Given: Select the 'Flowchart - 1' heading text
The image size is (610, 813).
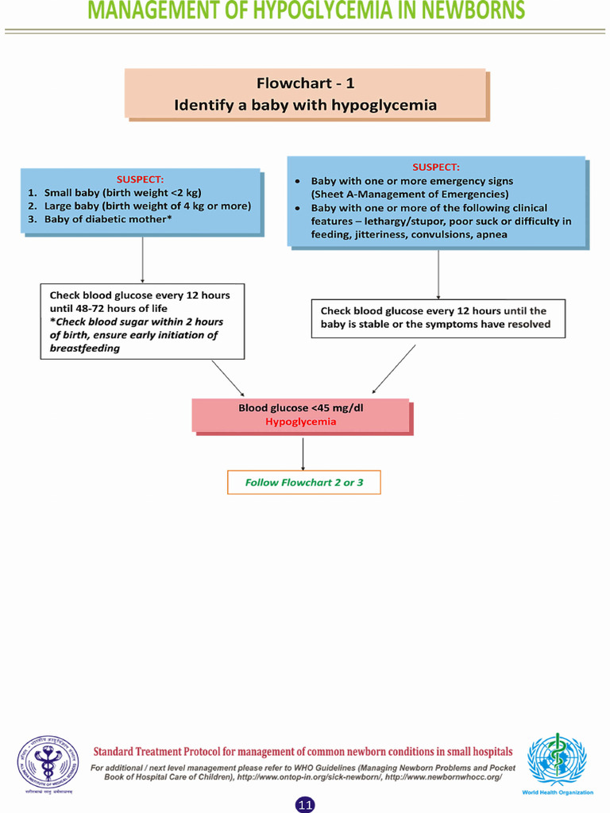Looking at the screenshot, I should [305, 83].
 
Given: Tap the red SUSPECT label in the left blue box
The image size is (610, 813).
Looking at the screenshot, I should [141, 179].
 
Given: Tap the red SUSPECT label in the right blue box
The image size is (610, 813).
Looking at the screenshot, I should [436, 167].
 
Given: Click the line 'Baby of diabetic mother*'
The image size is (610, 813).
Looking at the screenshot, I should [108, 219].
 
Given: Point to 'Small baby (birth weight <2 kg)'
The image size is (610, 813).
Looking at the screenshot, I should [117, 193].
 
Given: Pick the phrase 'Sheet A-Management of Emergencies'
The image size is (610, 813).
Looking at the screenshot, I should [410, 195].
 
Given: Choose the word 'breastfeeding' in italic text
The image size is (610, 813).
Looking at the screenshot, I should [85, 349].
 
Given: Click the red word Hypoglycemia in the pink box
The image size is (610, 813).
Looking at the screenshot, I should [300, 422].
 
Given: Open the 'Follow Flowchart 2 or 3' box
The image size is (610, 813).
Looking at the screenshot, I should [304, 482].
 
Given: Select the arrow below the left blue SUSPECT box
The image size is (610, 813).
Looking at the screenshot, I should [142, 259].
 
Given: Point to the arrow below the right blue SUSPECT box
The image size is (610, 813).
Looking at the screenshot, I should [438, 274].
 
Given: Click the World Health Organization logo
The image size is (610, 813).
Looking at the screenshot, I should [557, 763].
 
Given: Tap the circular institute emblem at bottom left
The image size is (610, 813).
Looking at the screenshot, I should [46, 763].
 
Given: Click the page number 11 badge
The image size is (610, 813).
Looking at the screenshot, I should [305, 805].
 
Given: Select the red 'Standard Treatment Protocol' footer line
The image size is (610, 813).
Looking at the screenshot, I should [303, 752].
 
